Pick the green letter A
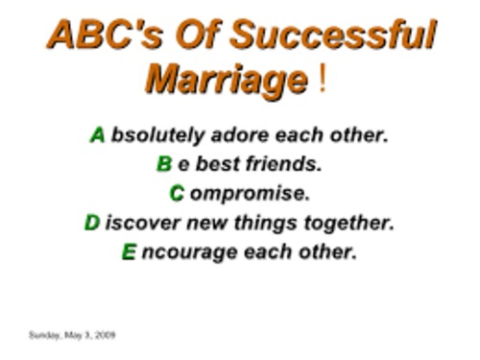coord(98,135)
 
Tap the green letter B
coord(164,164)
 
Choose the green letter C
coord(177,194)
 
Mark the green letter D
coord(92,224)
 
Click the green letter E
coord(129,253)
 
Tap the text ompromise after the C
coord(250,194)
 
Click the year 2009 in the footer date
coord(106,335)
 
